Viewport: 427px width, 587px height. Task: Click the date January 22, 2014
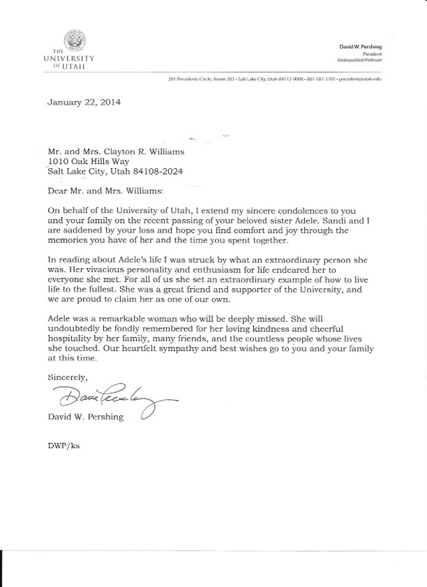coord(84,102)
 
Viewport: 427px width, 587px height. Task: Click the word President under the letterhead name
coord(372,53)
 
